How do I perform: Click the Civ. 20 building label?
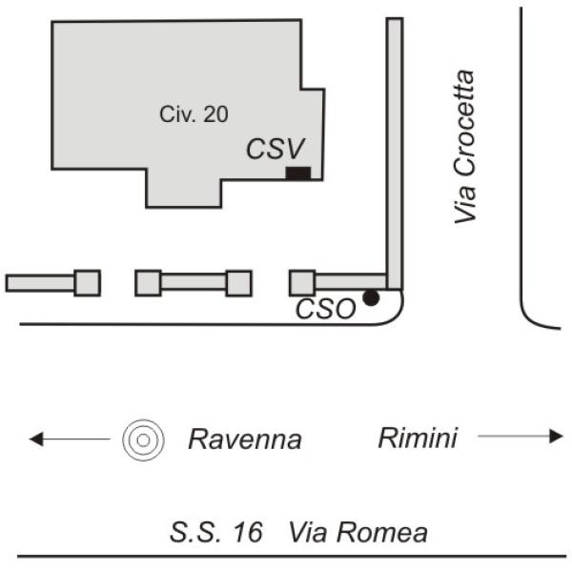point(193,113)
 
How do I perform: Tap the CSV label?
point(275,149)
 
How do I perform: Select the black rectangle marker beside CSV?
point(298,172)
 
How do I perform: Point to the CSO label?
point(325,308)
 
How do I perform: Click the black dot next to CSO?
point(371,298)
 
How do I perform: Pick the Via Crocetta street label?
point(464,146)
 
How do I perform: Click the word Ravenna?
point(244,439)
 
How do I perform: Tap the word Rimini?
point(418,439)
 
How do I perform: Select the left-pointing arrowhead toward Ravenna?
point(36,439)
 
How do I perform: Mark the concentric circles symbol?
point(141,439)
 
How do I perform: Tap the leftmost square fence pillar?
point(87,283)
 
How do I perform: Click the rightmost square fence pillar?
point(302,283)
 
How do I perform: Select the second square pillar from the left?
point(148,283)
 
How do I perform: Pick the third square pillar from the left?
point(238,283)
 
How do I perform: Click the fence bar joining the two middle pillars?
point(193,283)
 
